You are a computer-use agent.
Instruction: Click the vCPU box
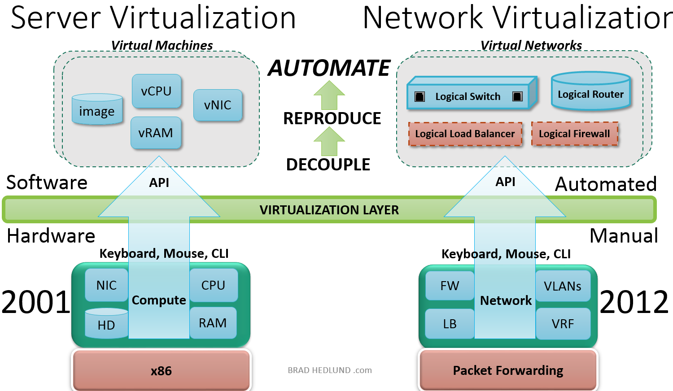coord(157,91)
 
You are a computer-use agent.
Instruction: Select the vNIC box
coord(218,105)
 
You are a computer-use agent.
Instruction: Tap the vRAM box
coord(156,133)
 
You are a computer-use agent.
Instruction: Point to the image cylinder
coord(97,110)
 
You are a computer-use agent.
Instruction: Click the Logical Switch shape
coord(468,96)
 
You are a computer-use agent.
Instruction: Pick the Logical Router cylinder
coord(590,92)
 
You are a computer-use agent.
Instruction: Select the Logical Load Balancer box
coord(465,134)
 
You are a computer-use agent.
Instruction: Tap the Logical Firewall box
coord(574,134)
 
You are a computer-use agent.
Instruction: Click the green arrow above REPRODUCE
coord(329,95)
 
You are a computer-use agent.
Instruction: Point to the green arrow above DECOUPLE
coord(329,141)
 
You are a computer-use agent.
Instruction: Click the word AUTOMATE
coord(329,68)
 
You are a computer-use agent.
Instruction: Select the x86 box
coord(161,371)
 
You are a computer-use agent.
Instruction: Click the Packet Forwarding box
coord(508,370)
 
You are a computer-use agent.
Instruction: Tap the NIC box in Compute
coord(106,285)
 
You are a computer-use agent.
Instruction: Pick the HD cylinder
coord(106,323)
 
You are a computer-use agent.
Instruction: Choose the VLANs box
coord(563,286)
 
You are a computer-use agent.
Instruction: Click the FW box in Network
coord(450,286)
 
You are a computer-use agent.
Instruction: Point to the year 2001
coord(36,302)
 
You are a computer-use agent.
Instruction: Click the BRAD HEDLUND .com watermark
coord(330,370)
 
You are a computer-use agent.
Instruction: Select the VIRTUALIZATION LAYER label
coord(329,210)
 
